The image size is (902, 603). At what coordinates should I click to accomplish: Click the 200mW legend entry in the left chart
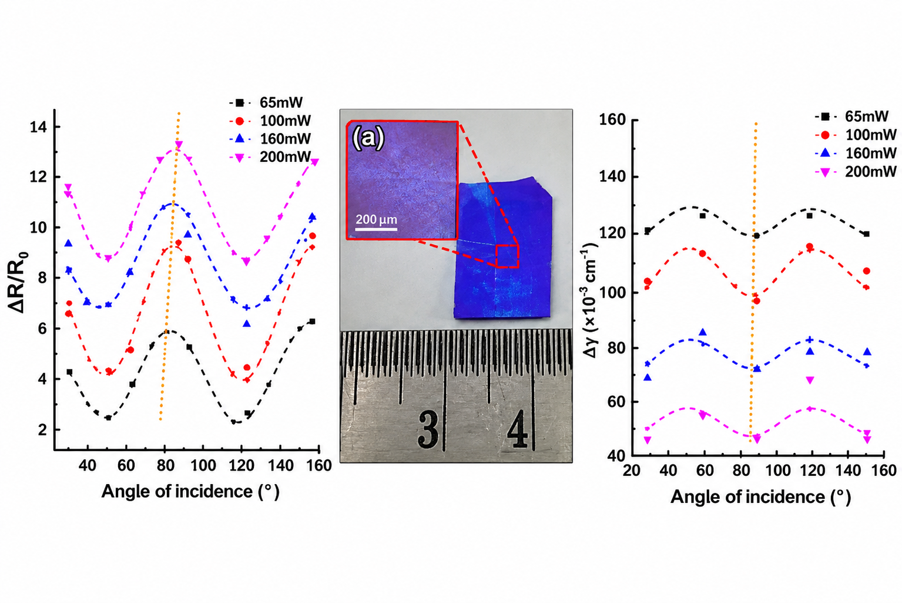coord(270,157)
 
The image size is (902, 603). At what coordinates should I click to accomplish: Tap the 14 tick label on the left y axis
coord(39,127)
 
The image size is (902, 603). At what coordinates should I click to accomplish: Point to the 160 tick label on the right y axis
coord(612,120)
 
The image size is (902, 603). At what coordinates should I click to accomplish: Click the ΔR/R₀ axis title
coord(18,282)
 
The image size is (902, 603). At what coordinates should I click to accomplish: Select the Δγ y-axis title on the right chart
coord(590,299)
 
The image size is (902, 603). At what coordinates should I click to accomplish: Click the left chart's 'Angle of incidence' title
coord(190,491)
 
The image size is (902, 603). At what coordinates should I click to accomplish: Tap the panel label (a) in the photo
coord(368,138)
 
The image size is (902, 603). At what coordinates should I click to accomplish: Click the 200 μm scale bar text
coord(376,219)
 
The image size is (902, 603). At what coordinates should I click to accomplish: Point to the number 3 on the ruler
coord(428,429)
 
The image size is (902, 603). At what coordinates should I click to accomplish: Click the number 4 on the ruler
coord(517,429)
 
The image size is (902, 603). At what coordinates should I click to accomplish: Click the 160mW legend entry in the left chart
coord(270,139)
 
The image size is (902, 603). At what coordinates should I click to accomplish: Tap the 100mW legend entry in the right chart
coord(856,135)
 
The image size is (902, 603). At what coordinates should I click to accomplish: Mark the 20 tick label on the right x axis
coord(632,471)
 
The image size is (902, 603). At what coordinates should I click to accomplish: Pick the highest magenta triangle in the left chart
coord(179,144)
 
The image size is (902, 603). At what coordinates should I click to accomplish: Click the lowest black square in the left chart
coord(108,418)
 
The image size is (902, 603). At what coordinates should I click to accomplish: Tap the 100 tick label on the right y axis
coord(612,292)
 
